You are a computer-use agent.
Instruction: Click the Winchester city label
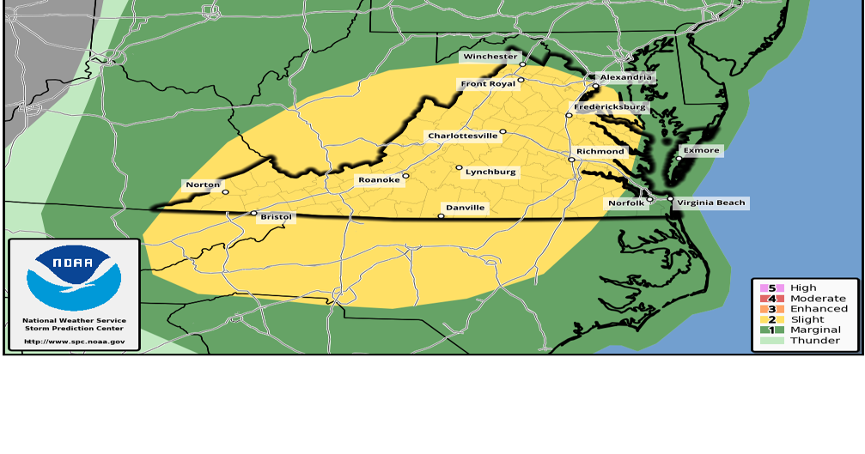click(490, 57)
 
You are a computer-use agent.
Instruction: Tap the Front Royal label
click(487, 84)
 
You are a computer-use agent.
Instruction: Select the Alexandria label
click(627, 77)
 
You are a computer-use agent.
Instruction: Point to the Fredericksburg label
click(610, 107)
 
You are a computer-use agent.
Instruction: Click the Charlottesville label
click(463, 136)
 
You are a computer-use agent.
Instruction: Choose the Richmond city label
click(600, 152)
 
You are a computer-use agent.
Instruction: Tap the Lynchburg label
click(490, 173)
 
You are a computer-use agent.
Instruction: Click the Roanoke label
click(379, 180)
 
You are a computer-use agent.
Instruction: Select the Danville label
click(466, 208)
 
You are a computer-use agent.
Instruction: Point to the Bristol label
click(277, 218)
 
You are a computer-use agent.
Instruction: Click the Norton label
click(203, 185)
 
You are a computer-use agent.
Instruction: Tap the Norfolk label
click(624, 203)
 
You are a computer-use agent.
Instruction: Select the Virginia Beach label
click(711, 203)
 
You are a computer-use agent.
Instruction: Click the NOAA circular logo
click(74, 277)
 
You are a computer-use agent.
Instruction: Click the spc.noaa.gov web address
click(74, 341)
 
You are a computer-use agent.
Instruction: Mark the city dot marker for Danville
click(441, 216)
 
